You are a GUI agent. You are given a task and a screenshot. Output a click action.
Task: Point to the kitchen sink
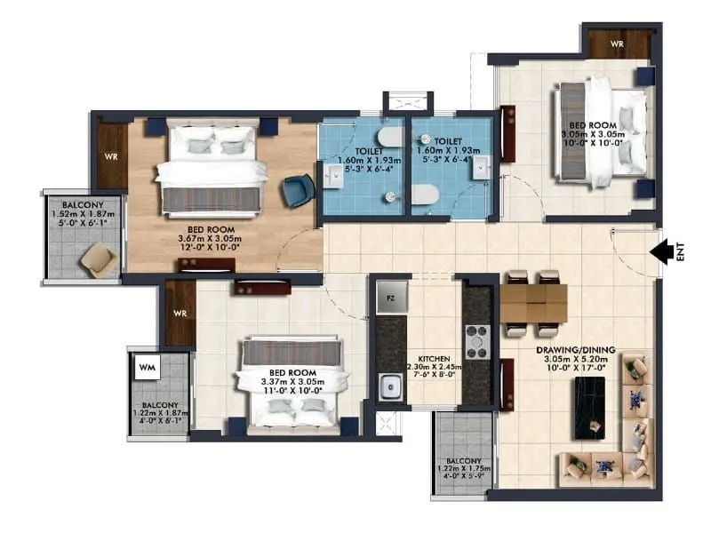(x=388, y=387)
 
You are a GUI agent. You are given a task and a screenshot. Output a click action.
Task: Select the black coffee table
(x=590, y=407)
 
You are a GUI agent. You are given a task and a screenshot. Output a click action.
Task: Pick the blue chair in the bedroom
(x=296, y=189)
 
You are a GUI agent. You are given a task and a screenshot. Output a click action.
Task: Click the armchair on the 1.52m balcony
(x=97, y=259)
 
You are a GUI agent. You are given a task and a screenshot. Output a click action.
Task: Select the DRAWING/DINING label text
(x=576, y=350)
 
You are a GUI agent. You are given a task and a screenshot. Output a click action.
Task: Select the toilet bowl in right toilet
(x=427, y=195)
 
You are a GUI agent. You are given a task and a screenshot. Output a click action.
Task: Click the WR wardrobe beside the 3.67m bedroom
(x=112, y=155)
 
